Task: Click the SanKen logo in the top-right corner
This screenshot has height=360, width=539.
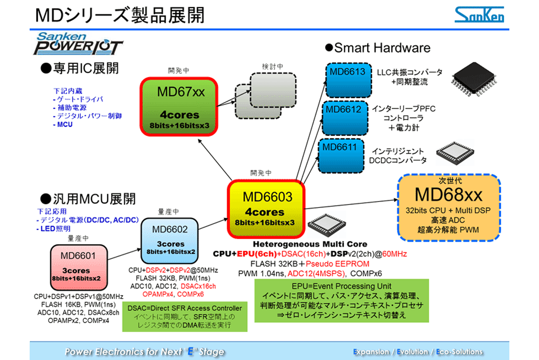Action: [479, 15]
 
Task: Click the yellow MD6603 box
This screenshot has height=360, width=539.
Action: [267, 208]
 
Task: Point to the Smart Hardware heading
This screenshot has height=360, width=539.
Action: [378, 48]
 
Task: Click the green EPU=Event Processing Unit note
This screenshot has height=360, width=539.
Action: [342, 300]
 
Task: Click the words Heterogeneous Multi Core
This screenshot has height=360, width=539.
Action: [310, 244]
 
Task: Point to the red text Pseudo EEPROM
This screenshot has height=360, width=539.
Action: [322, 263]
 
